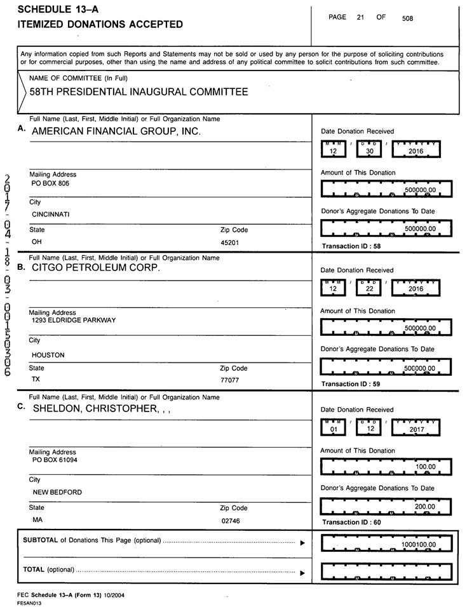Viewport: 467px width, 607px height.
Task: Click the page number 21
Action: coord(360,18)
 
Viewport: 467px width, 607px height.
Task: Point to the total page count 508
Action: coord(407,18)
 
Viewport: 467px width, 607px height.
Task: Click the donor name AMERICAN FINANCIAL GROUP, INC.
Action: coord(116,131)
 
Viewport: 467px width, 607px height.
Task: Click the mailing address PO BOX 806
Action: coord(50,183)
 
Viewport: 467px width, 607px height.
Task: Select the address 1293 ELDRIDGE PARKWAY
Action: coord(74,321)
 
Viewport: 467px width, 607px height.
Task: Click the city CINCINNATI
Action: coord(51,214)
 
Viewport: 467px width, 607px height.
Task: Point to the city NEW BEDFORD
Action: coord(57,492)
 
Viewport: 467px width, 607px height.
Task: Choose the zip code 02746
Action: coord(229,520)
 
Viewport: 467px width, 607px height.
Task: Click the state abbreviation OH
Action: coord(37,242)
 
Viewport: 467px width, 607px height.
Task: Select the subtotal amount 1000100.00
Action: coord(419,545)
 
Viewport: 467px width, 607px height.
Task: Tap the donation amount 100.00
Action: coord(425,467)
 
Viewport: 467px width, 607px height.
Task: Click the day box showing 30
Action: coord(367,150)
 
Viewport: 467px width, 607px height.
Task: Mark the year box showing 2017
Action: coord(417,429)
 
